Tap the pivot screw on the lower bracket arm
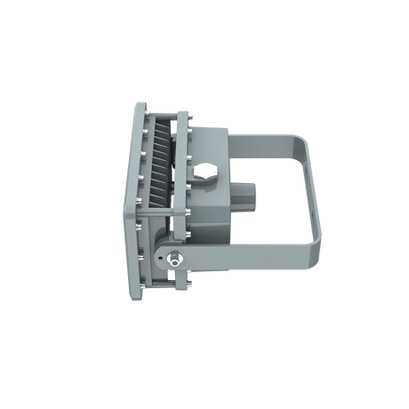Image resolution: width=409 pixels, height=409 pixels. click(174, 259)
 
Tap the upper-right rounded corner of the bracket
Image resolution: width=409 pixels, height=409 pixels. click(307, 142)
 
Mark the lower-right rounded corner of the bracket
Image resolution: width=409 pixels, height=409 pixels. click(307, 261)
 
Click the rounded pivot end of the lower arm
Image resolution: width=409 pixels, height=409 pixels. click(169, 259)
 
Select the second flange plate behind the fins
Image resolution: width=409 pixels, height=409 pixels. click(183, 200)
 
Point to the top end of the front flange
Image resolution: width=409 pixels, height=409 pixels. click(137, 104)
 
